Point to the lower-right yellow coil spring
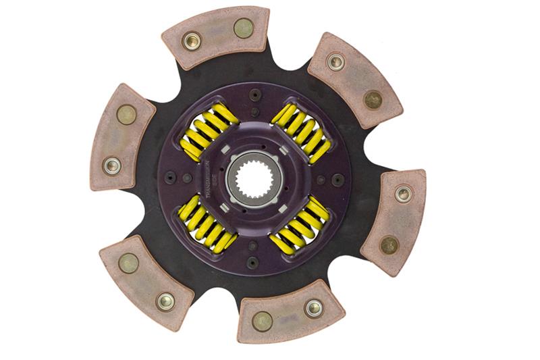tap(300, 226)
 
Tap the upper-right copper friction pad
tap(354, 79)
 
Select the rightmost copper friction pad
tap(394, 223)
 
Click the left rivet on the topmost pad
tap(192, 41)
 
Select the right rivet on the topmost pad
tap(243, 28)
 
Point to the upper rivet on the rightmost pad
tap(403, 194)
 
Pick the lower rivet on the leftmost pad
tap(111, 164)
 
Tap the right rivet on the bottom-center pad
tap(313, 308)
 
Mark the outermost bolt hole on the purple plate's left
tap(168, 178)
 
